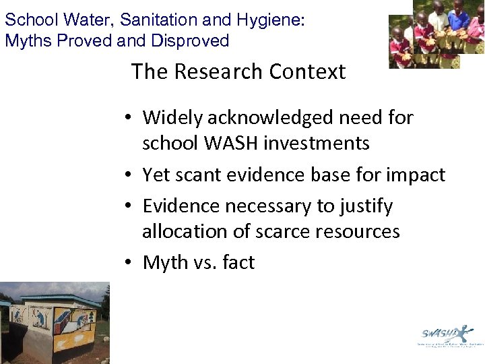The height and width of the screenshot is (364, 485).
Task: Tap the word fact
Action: pos(238,262)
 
